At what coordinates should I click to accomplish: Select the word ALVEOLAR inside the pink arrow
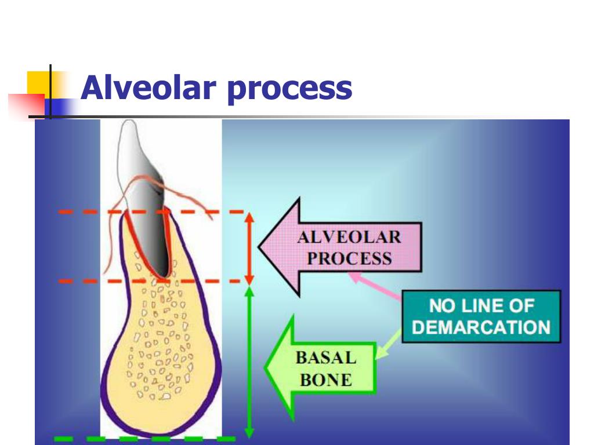[349, 237]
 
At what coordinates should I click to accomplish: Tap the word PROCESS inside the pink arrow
[349, 258]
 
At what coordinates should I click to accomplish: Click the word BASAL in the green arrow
[325, 358]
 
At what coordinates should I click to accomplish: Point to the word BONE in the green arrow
[325, 380]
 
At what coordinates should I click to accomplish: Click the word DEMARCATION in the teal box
[481, 327]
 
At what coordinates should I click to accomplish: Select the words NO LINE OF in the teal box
[481, 305]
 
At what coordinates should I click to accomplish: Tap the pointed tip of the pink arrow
[260, 247]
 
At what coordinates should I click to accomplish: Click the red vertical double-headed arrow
[249, 247]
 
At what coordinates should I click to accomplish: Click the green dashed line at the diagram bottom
[145, 439]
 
